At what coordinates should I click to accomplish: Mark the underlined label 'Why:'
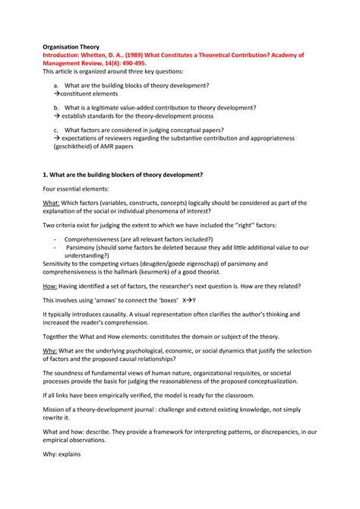pyautogui.click(x=51, y=350)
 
